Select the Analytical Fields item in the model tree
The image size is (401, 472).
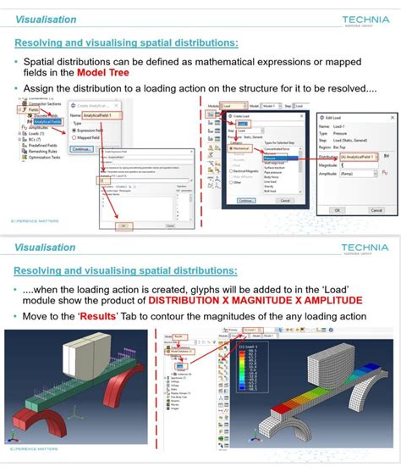coord(47,120)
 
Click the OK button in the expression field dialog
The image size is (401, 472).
coord(122,225)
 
